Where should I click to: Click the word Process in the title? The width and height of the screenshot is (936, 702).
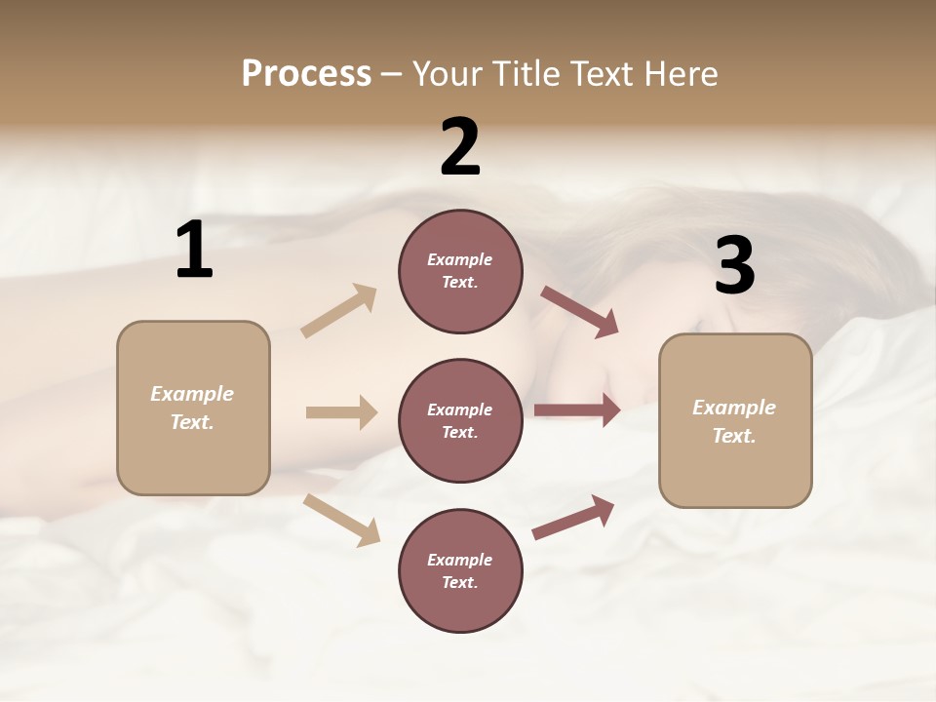306,73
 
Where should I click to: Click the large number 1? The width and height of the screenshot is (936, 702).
194,251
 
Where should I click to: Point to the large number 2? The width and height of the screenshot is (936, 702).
460,147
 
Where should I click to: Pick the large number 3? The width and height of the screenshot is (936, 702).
734,265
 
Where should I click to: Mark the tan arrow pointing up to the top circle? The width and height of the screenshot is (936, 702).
339,311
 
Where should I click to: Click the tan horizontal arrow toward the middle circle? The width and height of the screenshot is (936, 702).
341,412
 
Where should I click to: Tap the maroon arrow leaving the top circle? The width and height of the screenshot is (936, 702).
579,312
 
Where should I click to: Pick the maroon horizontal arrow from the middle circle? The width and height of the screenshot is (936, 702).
577,410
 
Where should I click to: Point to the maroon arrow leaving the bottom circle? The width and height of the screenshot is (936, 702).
573,517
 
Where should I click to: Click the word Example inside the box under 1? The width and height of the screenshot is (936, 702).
192,394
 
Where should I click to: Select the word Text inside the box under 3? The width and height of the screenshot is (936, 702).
733,436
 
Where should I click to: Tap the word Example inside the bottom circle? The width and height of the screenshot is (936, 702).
459,560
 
